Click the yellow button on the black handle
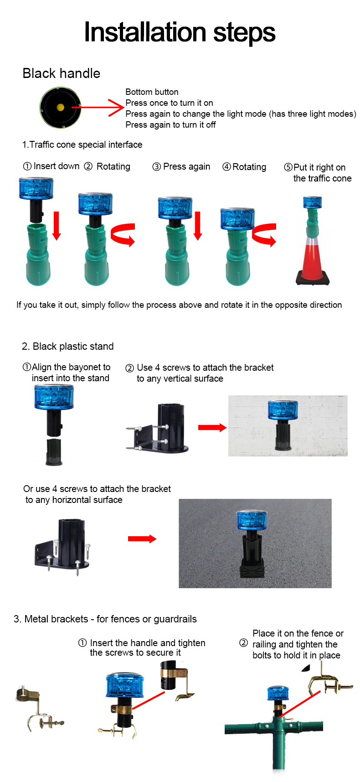coord(60,108)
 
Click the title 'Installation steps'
coord(180,32)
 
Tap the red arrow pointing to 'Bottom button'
coord(98,108)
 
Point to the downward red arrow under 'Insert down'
coord(57,226)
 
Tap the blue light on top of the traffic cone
coord(313,202)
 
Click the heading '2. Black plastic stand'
coord(68,347)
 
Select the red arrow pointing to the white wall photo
coord(212,427)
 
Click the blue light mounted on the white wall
coord(283,410)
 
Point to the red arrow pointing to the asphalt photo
coord(142,539)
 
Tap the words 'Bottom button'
coord(152,92)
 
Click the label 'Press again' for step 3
coord(187,167)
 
